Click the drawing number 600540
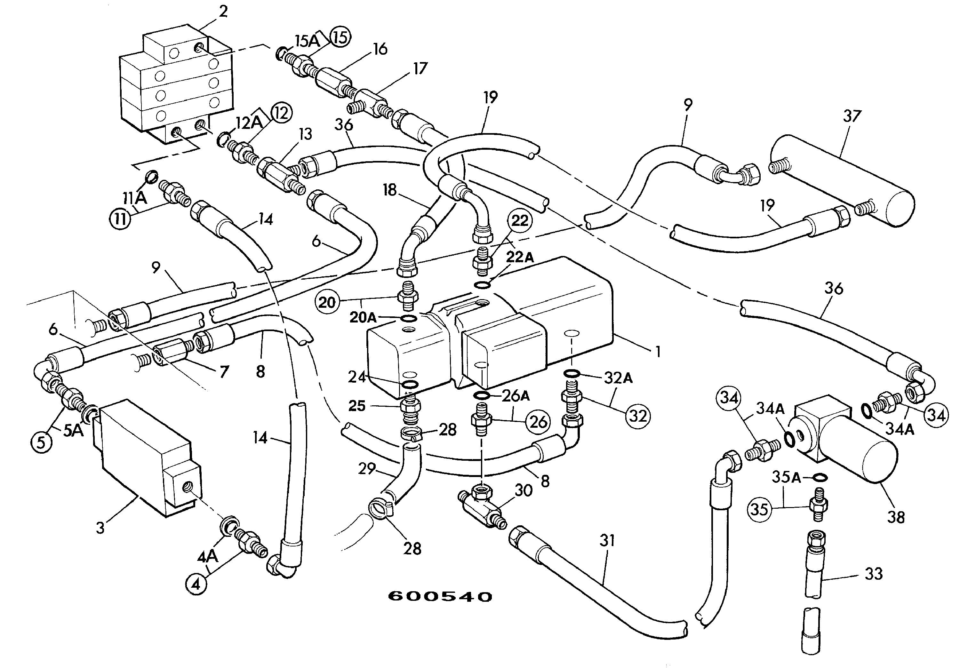pos(440,597)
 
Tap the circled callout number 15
pos(340,38)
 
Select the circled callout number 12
pos(281,113)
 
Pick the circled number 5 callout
pos(41,441)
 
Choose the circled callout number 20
pos(327,302)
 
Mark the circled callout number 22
pos(520,221)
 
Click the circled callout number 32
pos(637,416)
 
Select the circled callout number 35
pos(759,510)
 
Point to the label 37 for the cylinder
pos(852,116)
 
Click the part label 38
pos(896,518)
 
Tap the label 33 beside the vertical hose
pos(874,574)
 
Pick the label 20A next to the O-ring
pos(363,318)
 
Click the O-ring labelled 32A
pos(571,373)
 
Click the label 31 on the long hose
pos(607,540)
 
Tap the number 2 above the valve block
pos(223,11)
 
